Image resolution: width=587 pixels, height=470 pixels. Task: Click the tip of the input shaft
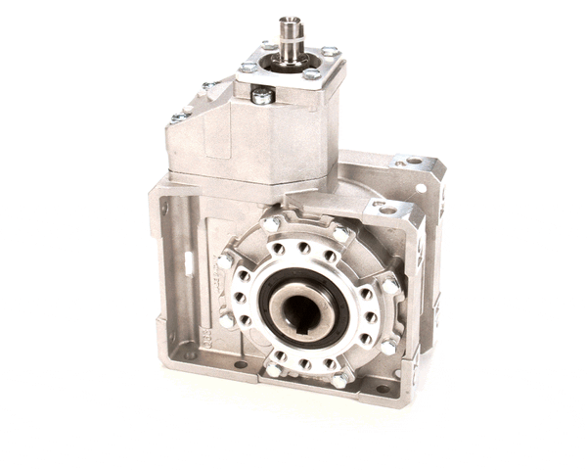point(290,21)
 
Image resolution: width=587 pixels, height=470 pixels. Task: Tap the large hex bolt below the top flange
point(262,95)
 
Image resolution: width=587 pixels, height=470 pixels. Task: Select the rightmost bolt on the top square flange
point(330,51)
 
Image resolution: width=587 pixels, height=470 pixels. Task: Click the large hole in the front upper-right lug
point(388,209)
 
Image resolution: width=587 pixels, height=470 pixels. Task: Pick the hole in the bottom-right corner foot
point(382,390)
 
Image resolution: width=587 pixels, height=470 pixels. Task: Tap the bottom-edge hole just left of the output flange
point(240,365)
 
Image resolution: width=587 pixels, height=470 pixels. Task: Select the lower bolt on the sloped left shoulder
point(180,117)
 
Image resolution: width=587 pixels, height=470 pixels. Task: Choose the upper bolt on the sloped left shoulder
point(207,86)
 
